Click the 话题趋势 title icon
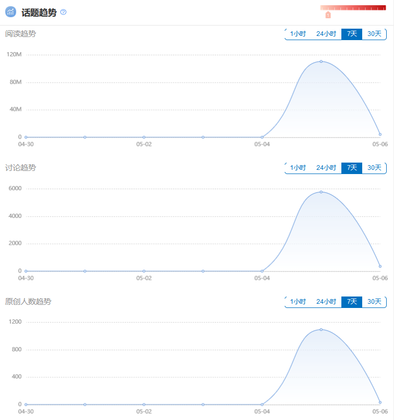click(10, 12)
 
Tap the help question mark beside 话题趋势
click(64, 12)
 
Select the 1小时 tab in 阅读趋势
click(298, 34)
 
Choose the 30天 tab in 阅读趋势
click(374, 34)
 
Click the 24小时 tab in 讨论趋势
click(326, 168)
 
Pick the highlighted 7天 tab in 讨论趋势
click(352, 168)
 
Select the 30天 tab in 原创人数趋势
click(374, 302)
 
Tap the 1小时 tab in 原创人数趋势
click(298, 302)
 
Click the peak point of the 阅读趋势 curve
click(321, 61)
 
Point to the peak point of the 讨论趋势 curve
click(321, 192)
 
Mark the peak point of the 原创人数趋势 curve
click(321, 329)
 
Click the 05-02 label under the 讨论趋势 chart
click(144, 278)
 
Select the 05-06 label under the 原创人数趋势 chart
click(380, 412)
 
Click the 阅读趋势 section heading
click(21, 34)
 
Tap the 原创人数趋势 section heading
click(28, 302)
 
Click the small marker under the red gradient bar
click(328, 15)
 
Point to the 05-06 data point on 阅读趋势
click(380, 134)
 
